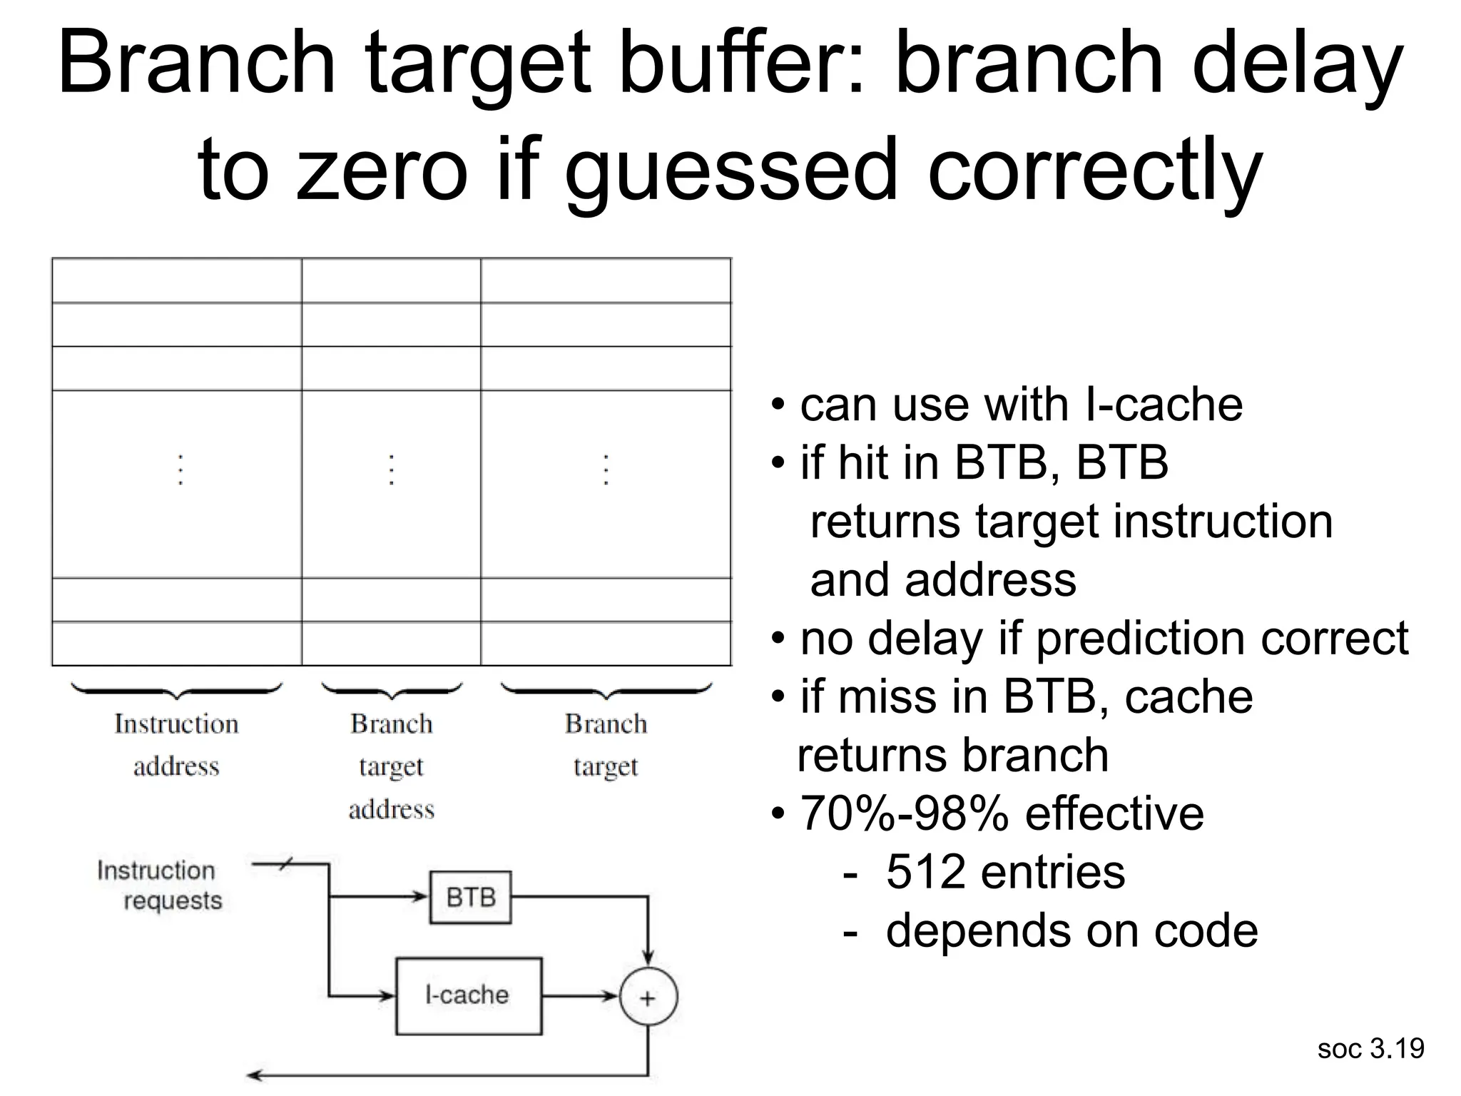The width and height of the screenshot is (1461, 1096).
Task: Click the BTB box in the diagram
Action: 470,897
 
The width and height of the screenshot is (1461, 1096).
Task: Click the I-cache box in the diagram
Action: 469,995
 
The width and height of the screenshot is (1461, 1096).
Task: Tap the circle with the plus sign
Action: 648,997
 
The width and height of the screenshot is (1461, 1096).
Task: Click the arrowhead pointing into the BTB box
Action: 421,897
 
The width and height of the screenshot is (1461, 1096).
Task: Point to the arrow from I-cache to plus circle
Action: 579,996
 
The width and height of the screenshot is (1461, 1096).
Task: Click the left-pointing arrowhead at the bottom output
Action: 254,1075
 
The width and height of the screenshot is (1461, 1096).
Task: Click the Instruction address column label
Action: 176,744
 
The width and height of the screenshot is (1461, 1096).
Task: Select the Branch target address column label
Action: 391,766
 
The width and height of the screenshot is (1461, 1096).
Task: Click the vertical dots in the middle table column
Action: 391,470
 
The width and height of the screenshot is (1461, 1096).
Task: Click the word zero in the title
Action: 381,171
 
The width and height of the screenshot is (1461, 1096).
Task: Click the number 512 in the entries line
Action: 925,871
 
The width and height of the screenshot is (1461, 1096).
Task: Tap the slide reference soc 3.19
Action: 1370,1048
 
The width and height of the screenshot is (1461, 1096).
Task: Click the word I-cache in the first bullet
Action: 1163,405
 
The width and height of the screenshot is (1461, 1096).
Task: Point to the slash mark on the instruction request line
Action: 284,865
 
